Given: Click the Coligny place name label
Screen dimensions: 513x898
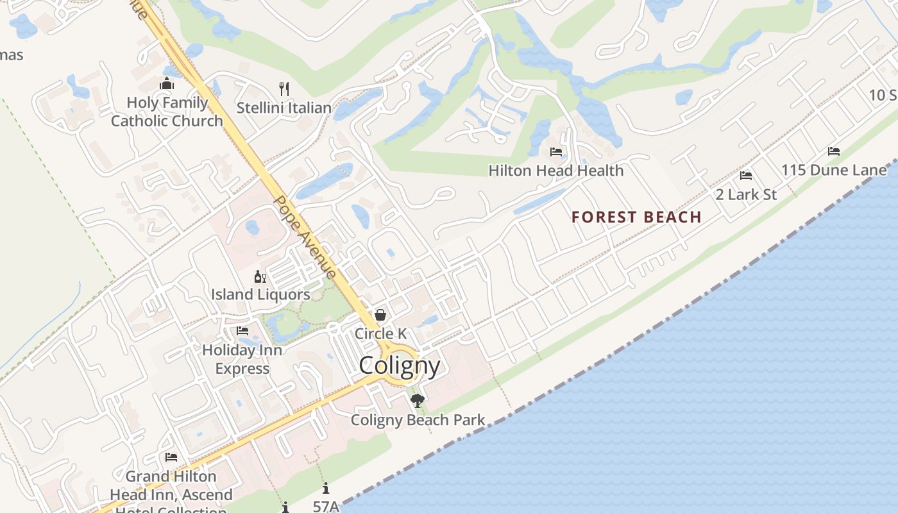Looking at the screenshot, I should coord(400,366).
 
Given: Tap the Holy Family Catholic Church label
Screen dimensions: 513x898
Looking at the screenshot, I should coord(167,112).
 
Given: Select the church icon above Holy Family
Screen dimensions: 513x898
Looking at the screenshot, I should coord(167,84).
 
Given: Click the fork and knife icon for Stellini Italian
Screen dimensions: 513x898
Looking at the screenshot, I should coord(284,88).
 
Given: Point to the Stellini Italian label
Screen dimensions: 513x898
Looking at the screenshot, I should coord(284,108).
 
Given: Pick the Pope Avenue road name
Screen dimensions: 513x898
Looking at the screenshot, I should coord(305,237).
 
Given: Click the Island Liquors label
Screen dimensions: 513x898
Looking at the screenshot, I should coord(260,295).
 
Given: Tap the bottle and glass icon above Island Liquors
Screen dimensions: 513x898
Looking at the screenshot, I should coord(260,277).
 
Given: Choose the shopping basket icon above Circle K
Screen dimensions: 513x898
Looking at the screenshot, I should coord(380,315).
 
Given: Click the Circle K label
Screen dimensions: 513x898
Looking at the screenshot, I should coord(380,333).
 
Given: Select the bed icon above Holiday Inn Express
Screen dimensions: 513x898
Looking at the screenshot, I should coord(242,331).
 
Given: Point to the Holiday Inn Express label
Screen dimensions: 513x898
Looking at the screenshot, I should coord(242,359).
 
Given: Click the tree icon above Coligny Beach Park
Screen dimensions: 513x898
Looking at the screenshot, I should coord(418,401).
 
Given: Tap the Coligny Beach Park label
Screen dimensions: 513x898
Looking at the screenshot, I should coord(418,421).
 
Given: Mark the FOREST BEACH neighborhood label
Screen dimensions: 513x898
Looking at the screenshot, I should coord(636,217).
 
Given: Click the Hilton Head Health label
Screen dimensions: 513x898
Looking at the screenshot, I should coord(555,171).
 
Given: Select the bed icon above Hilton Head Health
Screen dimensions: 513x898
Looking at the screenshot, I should coord(556,152).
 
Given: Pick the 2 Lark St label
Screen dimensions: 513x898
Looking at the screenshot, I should coord(746,194).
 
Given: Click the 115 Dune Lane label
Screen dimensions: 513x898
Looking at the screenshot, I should coord(833,171).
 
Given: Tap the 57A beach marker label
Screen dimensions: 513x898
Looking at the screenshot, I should coord(326,506).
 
